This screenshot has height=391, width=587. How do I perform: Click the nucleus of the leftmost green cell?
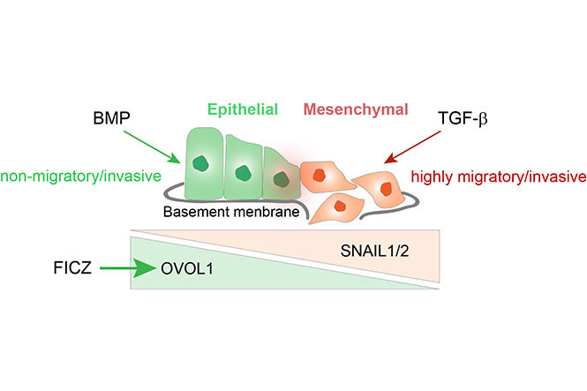coord(204,163)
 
